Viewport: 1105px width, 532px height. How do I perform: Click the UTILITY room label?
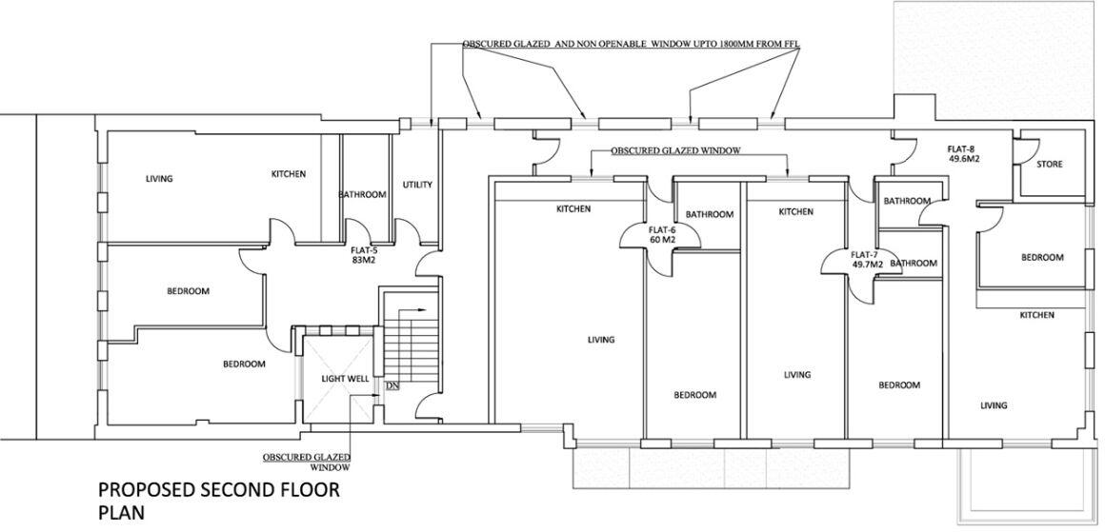point(418,185)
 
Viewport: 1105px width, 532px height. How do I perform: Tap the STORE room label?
point(1049,165)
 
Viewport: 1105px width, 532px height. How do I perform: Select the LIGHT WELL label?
point(344,379)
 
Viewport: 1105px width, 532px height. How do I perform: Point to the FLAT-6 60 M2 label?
point(661,235)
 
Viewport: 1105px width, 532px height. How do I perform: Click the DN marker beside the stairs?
point(392,385)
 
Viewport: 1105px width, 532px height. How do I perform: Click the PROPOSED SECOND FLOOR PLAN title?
point(219,501)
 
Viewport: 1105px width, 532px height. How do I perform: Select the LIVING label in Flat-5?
point(159,178)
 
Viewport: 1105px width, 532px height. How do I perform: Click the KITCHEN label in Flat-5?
point(289,174)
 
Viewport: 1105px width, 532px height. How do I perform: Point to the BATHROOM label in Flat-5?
point(362,194)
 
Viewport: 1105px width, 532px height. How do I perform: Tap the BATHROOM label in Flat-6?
point(710,214)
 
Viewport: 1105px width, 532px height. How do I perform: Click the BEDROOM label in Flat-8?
point(1042,257)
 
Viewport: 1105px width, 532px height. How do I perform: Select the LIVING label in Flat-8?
point(994,406)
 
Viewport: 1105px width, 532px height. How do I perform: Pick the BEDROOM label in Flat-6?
point(694,395)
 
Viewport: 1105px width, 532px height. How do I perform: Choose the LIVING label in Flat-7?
point(797,375)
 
